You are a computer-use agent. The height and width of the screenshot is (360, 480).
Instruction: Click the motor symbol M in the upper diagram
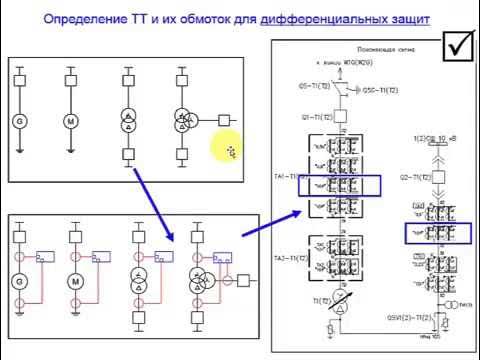71,120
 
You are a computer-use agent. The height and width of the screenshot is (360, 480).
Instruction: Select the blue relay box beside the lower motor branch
100,257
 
